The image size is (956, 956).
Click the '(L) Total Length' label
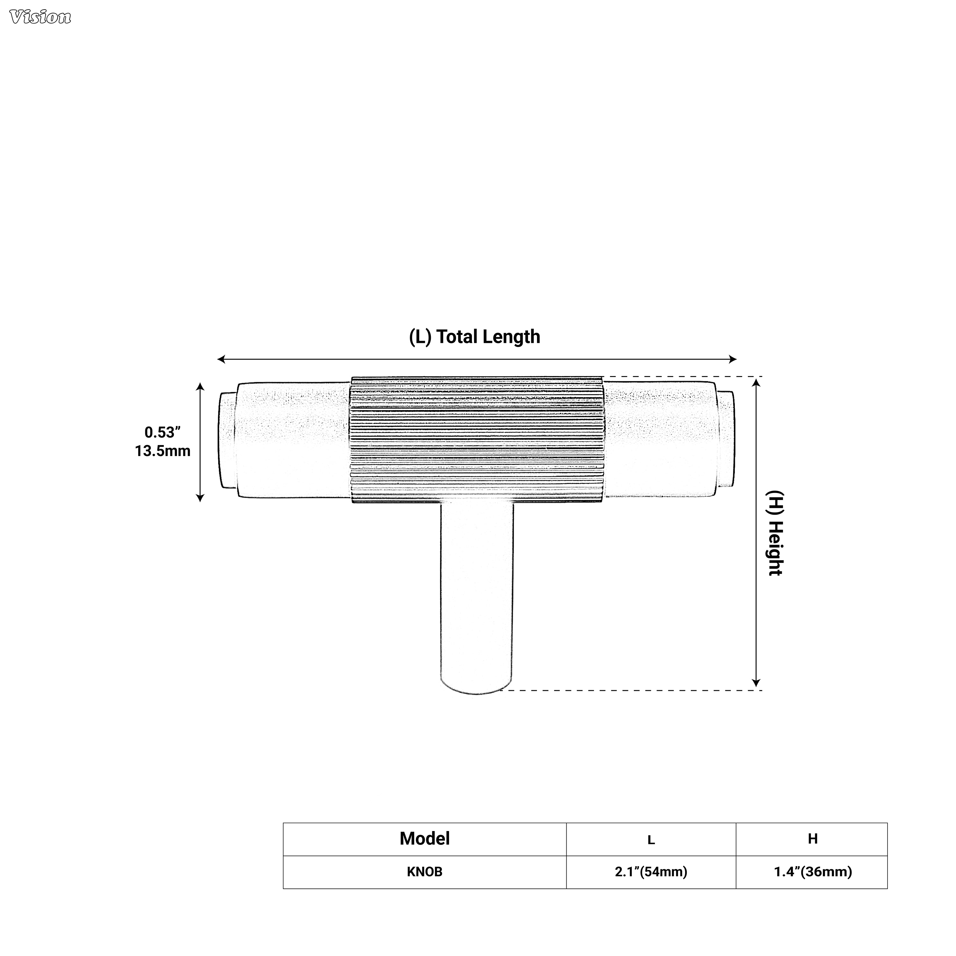[474, 337]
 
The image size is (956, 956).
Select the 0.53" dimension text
[162, 432]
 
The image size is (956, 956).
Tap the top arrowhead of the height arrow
[756, 381]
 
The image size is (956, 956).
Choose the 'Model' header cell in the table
[424, 839]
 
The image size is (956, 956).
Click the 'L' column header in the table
[651, 840]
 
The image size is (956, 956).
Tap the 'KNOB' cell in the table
[424, 872]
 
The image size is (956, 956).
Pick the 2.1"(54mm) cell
[651, 872]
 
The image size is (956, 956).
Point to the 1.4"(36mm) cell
[813, 872]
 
